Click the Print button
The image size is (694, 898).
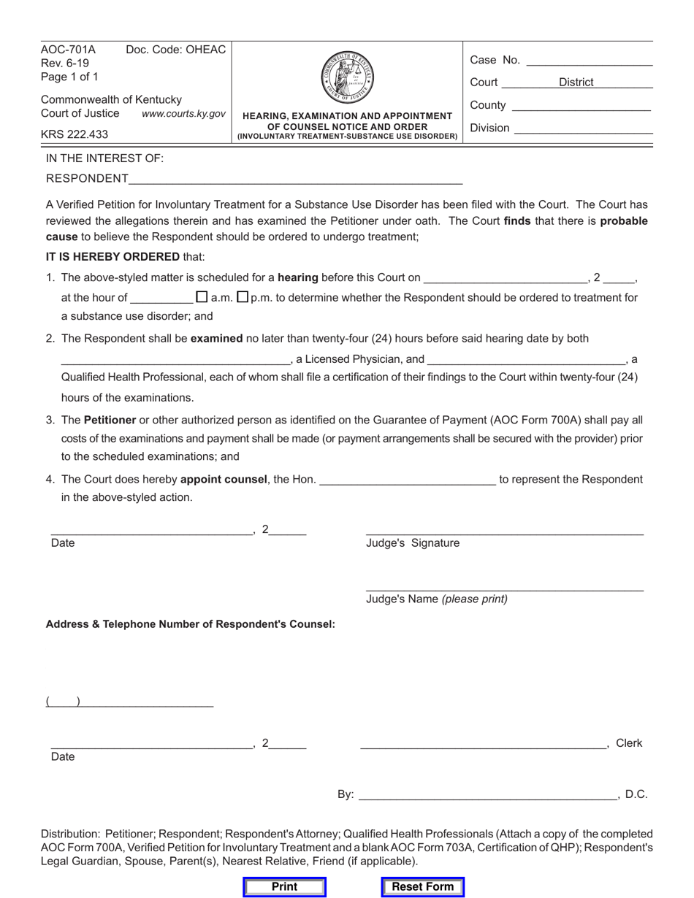point(284,886)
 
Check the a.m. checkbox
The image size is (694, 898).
point(202,297)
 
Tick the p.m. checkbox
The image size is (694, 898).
point(243,297)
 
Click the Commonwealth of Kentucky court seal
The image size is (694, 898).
point(347,77)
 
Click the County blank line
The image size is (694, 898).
point(581,107)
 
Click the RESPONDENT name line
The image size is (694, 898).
point(296,180)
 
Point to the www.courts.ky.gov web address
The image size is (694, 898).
point(183,114)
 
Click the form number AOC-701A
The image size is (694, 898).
point(68,50)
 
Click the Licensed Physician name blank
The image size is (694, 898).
point(175,360)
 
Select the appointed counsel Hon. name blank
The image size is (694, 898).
point(408,480)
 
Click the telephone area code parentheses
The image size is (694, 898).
point(63,702)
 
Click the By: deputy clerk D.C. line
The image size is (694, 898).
point(488,796)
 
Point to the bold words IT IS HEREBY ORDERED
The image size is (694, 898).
point(113,256)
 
